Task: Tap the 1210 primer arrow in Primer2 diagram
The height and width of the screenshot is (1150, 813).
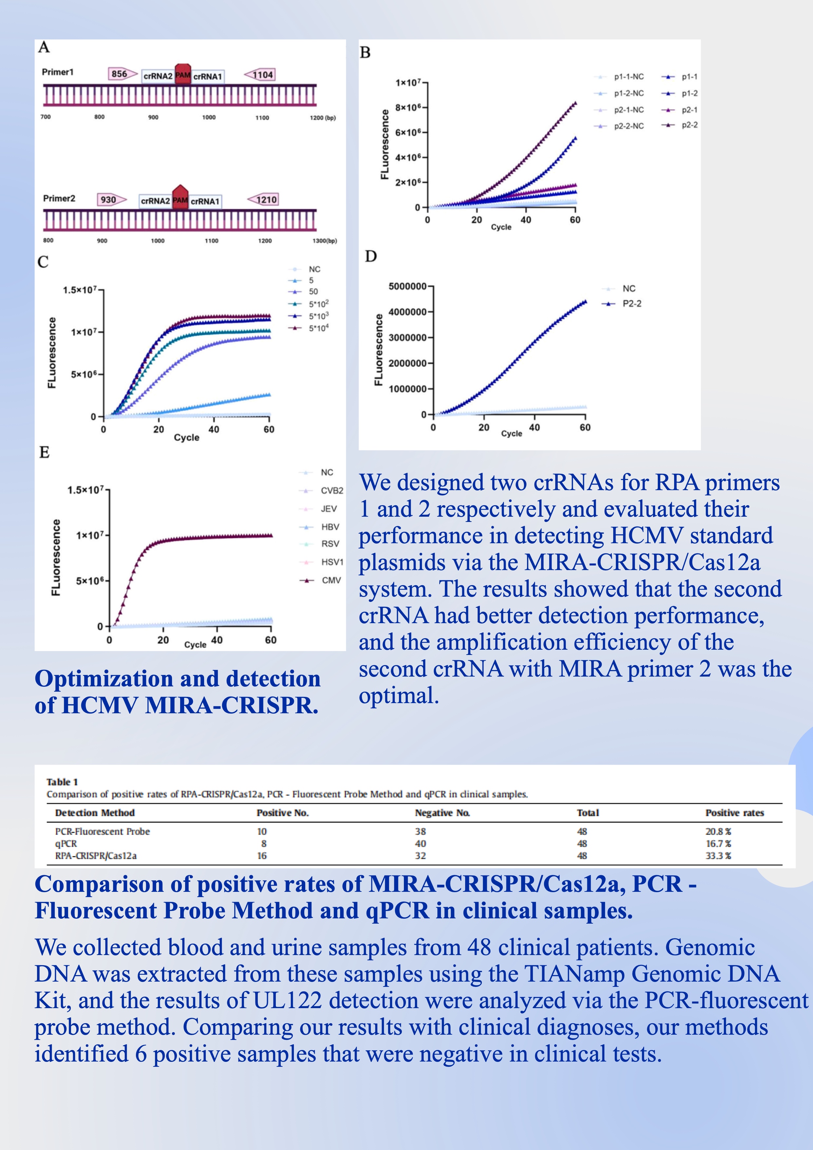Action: coord(262,199)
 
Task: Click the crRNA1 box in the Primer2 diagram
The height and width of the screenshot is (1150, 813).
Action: coord(205,201)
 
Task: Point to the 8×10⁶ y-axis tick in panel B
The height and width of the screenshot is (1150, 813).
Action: coord(408,107)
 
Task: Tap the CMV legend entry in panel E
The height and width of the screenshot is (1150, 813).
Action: coord(320,580)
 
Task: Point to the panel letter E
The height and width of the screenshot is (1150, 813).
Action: coord(44,452)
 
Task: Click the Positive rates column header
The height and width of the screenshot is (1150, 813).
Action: coord(734,813)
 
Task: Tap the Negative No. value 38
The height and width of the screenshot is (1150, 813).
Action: coord(420,832)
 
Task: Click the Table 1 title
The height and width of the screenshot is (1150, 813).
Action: coord(62,782)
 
